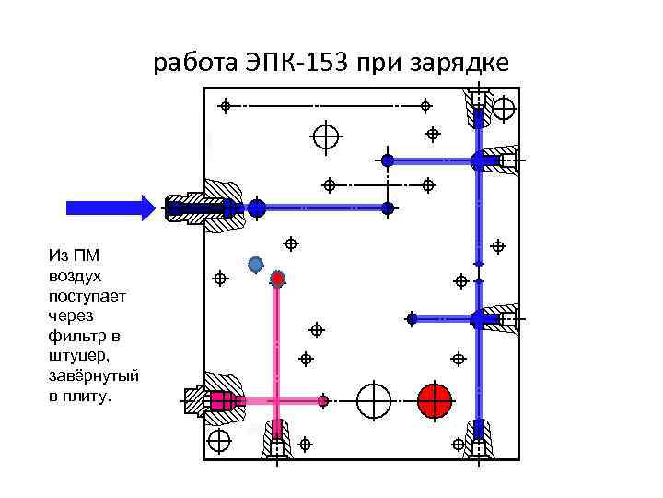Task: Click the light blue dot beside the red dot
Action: [256, 265]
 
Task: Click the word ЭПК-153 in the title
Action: [295, 64]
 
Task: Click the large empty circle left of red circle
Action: [374, 400]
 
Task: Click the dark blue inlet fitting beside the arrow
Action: [198, 208]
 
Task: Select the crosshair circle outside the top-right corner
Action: [504, 109]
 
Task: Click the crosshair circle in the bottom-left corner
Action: [218, 440]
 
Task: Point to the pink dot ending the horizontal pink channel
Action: [323, 400]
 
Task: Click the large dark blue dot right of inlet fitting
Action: [257, 208]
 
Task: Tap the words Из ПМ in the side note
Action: [68, 255]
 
